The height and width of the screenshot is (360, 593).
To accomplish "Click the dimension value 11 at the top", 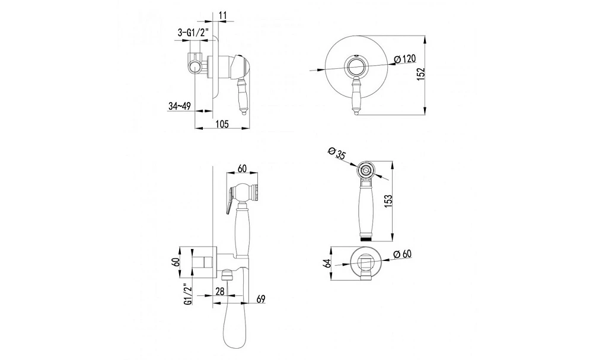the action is point(222,15).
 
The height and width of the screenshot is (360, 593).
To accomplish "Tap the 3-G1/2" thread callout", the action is point(193,33).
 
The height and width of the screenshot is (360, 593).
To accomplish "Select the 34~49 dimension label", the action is point(179,106).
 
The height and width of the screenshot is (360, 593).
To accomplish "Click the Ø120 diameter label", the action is point(404,59).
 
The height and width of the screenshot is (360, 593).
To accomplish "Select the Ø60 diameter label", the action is point(402,254).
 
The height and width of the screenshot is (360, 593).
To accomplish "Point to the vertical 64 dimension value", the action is point(328,263).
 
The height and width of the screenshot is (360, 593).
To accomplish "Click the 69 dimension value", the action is point(261,299).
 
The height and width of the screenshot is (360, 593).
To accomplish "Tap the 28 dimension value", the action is point(220,291).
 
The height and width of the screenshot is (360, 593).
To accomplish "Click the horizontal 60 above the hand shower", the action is point(243,168).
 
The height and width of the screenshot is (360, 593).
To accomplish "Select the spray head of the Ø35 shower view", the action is point(365,170).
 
